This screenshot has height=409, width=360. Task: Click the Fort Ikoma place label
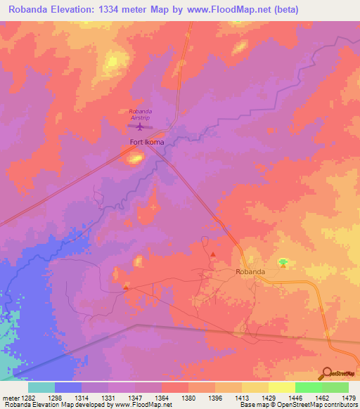coord(147,143)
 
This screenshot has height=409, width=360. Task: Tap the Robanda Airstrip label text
coord(140,115)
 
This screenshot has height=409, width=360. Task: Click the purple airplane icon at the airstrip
coord(139,127)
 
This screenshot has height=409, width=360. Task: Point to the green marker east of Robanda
coord(283,262)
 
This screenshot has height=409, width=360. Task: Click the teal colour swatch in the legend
coord(41,387)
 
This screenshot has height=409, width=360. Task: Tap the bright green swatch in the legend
coord(308,387)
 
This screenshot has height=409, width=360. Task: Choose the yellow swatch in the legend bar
coord(281,387)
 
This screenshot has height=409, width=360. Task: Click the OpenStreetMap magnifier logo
coord(327,373)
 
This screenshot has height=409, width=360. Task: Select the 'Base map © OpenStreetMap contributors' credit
coord(298,405)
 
